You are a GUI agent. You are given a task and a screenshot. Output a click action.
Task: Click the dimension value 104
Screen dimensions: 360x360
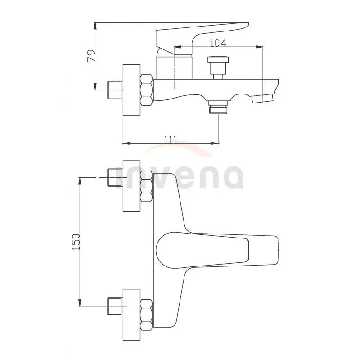click(218, 43)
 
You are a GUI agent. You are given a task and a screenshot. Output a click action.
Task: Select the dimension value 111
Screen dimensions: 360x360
click(170, 139)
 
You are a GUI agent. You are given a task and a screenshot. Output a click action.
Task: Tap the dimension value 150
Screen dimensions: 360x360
click(76, 242)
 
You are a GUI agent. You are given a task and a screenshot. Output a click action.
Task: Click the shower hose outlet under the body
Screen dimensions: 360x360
click(218, 108)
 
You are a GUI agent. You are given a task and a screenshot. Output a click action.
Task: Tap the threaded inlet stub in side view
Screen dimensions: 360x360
click(116, 90)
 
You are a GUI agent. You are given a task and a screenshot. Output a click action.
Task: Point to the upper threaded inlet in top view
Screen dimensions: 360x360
click(116, 178)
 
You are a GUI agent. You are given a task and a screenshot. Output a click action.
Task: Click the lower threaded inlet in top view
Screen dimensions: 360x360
click(116, 307)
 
